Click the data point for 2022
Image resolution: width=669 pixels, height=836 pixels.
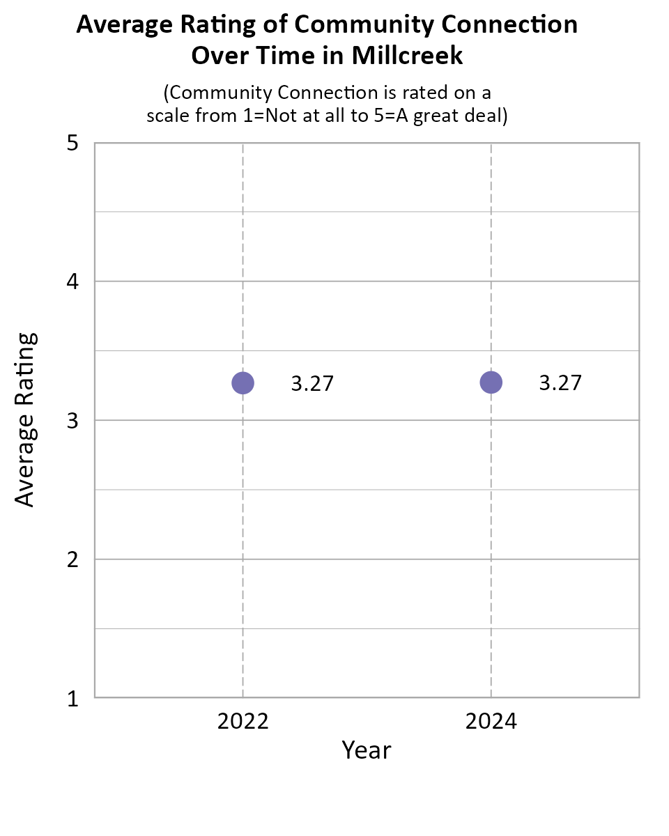point(243,382)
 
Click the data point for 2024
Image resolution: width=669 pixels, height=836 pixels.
point(491,382)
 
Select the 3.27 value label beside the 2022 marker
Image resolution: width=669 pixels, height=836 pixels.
point(312,384)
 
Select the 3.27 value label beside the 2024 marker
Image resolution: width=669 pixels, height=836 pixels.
point(560,383)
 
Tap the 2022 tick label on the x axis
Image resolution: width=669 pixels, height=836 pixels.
point(243,721)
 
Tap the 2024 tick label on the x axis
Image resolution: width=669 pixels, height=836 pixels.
point(491,721)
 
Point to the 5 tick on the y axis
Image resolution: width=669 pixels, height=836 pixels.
point(72,144)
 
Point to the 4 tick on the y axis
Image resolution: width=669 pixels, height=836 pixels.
point(72,282)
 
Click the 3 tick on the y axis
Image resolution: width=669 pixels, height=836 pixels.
point(72,421)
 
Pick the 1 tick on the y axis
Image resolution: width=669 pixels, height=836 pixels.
point(72,698)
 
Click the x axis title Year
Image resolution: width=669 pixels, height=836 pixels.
point(366,750)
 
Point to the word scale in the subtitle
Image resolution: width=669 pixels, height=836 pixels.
point(168,116)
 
